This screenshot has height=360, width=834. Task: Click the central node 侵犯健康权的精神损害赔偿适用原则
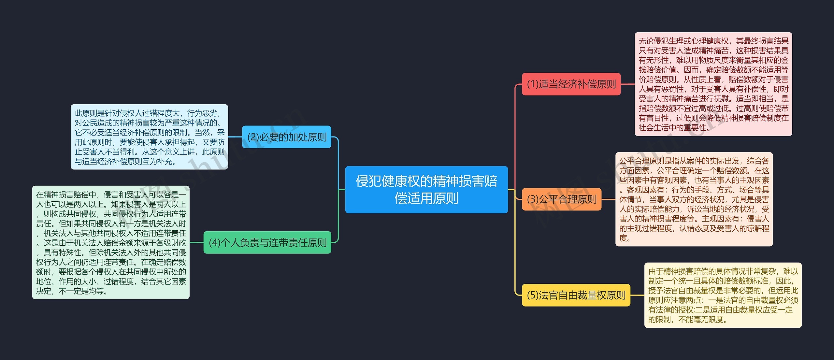[x=426, y=190]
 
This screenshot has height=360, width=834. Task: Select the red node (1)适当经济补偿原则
[x=571, y=84]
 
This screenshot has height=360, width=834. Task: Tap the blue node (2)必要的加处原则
[x=286, y=137]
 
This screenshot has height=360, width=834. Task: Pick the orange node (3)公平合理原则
[x=561, y=199]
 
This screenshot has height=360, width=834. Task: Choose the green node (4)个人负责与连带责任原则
[x=267, y=242]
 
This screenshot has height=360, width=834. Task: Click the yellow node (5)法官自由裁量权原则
[x=576, y=295]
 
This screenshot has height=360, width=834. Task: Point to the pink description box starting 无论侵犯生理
[x=713, y=84]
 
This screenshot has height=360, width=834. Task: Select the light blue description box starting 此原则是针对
[x=149, y=137]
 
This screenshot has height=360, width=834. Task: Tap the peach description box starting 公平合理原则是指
[x=694, y=199]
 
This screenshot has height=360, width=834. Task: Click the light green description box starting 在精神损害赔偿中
[x=111, y=242]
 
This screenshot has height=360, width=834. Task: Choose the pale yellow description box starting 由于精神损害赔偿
[x=723, y=295]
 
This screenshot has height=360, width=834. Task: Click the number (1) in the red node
[x=533, y=84]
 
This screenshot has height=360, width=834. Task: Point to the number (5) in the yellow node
[x=533, y=295]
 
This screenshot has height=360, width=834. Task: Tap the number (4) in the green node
[x=214, y=242]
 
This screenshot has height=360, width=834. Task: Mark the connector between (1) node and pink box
[x=628, y=84]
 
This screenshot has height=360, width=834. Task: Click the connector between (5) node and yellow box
[x=637, y=295]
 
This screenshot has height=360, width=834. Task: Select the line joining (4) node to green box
[x=196, y=242]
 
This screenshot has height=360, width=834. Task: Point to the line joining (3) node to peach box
[x=608, y=199]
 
